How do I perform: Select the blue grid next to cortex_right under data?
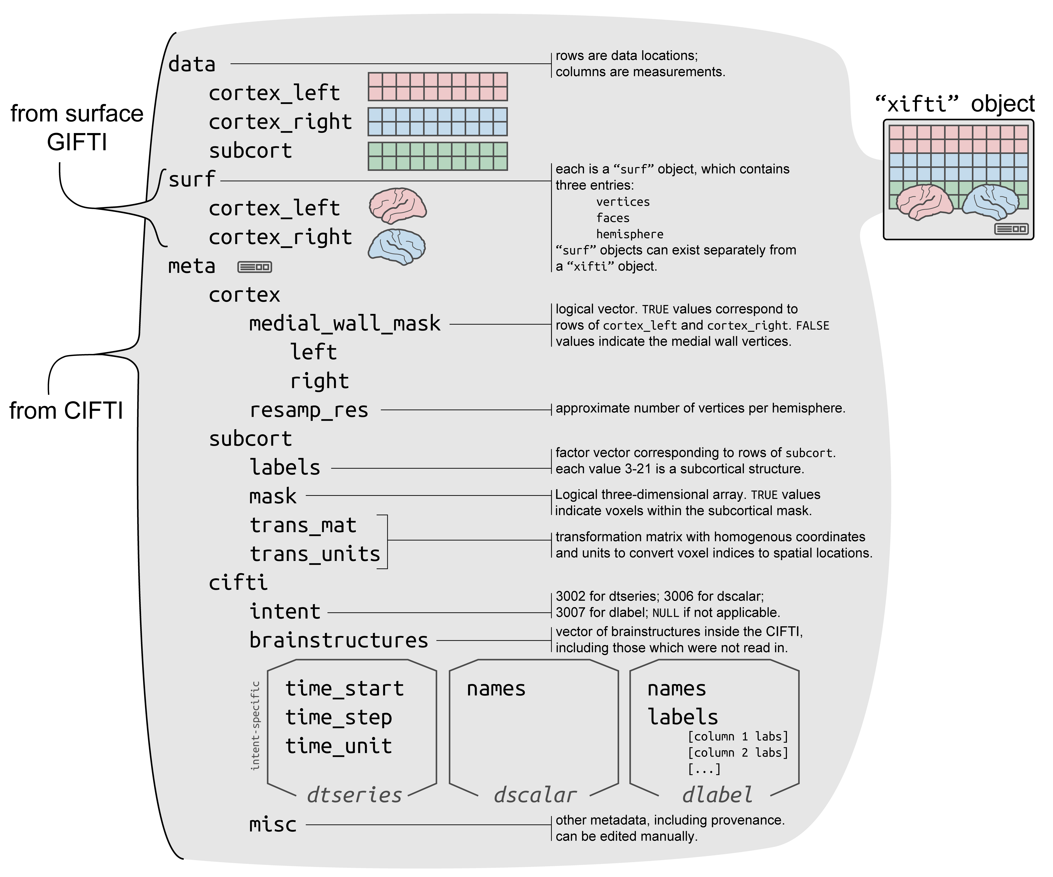tap(438, 122)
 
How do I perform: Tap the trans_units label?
tap(315, 554)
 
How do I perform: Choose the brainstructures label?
tap(339, 640)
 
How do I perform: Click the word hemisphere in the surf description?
tap(630, 234)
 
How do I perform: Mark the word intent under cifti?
tap(285, 612)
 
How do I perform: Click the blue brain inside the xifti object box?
tap(990, 202)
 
